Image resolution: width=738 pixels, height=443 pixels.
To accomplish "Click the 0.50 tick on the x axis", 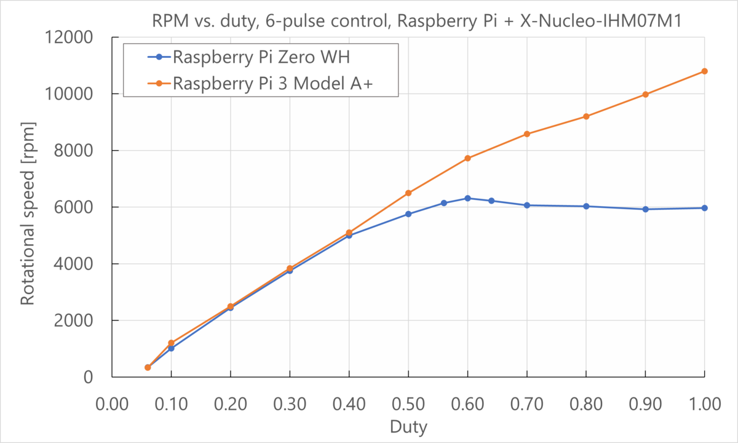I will pos(408,404).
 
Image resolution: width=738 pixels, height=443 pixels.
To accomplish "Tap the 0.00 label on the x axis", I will pos(112,404).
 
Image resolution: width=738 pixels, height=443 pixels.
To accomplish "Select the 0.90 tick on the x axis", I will pos(645,404).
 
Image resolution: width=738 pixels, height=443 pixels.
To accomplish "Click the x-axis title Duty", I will pos(408,426).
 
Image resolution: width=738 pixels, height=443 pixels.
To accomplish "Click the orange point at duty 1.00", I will pos(705,71).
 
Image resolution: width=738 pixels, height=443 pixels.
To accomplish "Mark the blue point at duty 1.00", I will pos(705,208).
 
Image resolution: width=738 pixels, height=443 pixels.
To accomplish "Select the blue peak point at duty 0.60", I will pos(467,198).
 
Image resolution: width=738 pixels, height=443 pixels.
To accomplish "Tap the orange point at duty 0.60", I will pos(467,158).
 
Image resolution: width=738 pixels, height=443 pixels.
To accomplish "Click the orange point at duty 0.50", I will pos(408,193).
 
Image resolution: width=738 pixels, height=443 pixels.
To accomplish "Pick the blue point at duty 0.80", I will pos(586,206).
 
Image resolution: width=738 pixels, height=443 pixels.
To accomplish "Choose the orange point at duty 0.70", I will pos(527,134).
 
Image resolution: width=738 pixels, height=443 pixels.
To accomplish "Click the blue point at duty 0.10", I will pos(171,348).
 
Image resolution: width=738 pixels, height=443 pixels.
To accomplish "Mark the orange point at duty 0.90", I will pos(645,94).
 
